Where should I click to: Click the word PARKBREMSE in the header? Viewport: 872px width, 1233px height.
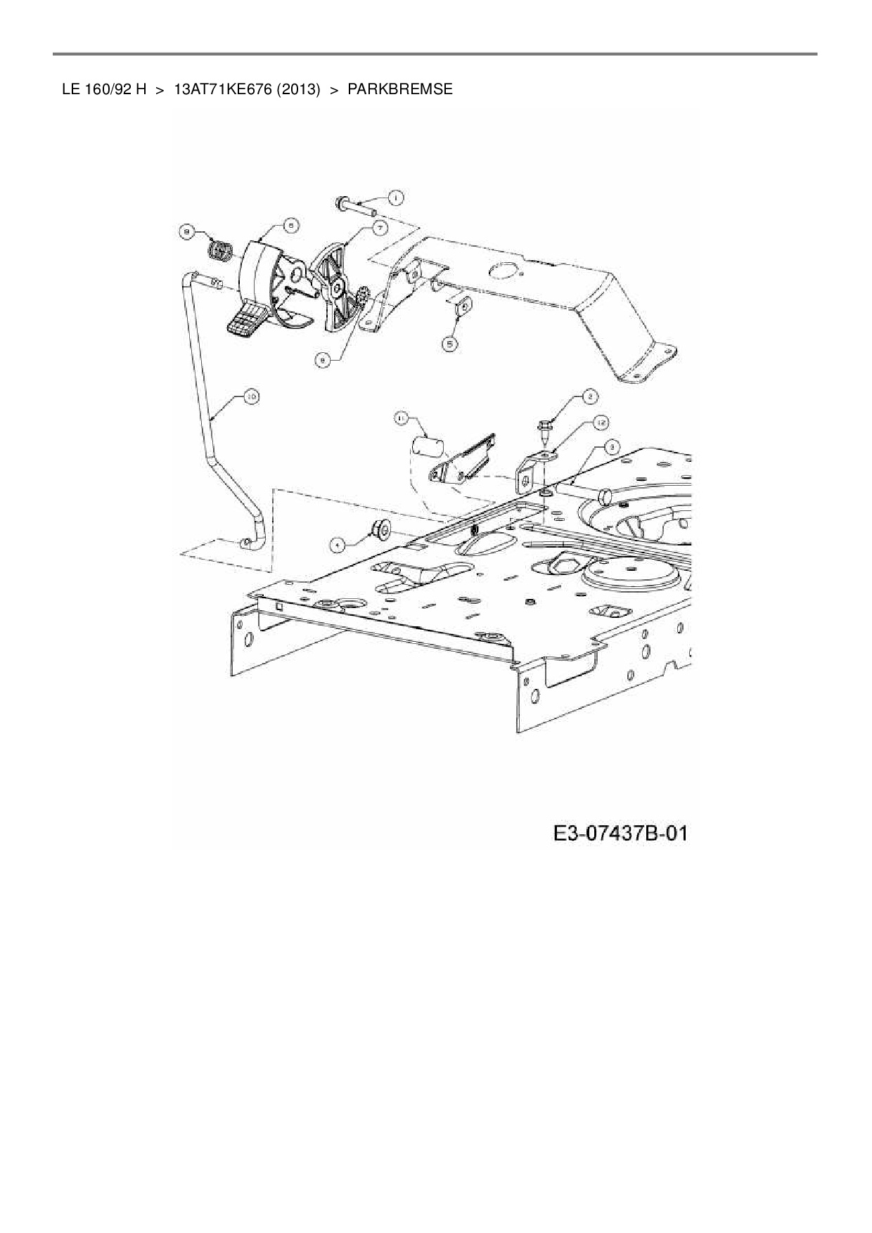pos(400,90)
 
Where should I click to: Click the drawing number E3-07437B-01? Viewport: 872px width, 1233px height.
pos(620,834)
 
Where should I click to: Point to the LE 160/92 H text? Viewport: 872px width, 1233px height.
pos(104,90)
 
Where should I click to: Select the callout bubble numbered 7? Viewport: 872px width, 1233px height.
pos(379,228)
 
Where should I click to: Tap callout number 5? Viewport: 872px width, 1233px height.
pos(450,343)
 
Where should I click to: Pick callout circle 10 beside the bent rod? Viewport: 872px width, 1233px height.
pos(252,397)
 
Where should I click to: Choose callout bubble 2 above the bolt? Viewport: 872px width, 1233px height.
pos(589,397)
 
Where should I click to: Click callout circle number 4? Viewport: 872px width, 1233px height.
pos(338,543)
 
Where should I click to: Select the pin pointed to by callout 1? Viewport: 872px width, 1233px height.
pos(357,206)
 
